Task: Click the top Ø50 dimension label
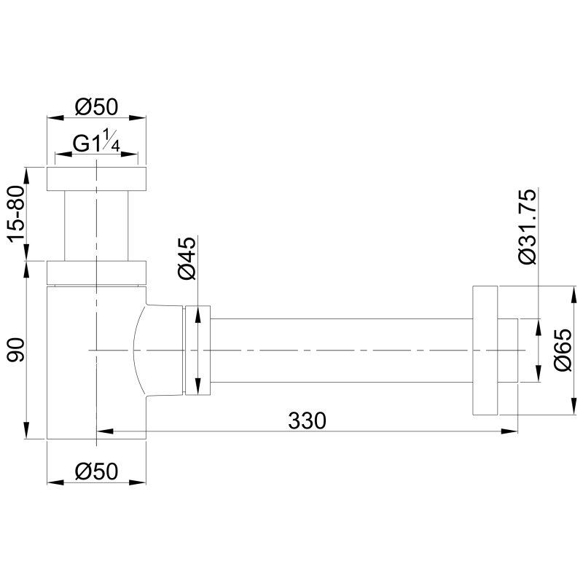(x=96, y=107)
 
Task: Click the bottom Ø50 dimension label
(x=96, y=472)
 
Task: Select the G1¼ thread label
(x=96, y=142)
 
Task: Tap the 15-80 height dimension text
(x=17, y=214)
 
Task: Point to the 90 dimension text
(x=17, y=350)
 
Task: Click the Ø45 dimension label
(x=187, y=258)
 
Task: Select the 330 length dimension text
(x=307, y=420)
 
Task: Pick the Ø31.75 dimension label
(x=528, y=227)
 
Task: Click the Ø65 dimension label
(x=563, y=350)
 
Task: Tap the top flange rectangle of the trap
(x=96, y=179)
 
